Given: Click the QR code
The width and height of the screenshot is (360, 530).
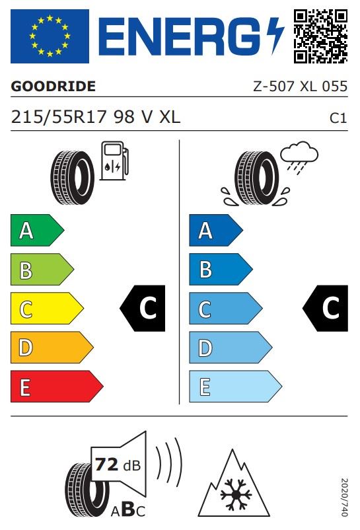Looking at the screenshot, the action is (x=320, y=36).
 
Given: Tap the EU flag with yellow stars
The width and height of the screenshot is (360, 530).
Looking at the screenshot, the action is (x=50, y=36).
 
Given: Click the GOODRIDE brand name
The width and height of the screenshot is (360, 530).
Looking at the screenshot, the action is (x=53, y=86).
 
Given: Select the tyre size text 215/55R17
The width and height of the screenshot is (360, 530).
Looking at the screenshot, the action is (x=59, y=117).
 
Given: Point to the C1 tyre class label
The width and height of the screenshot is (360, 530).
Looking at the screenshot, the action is (x=338, y=118).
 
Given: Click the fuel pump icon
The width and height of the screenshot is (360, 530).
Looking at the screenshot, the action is (x=114, y=161).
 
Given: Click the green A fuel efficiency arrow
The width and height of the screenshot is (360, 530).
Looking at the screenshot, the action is (x=37, y=230).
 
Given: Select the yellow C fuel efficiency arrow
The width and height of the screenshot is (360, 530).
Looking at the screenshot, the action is (x=47, y=308).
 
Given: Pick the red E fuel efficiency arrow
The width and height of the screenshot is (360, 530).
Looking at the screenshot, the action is (x=57, y=387).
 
